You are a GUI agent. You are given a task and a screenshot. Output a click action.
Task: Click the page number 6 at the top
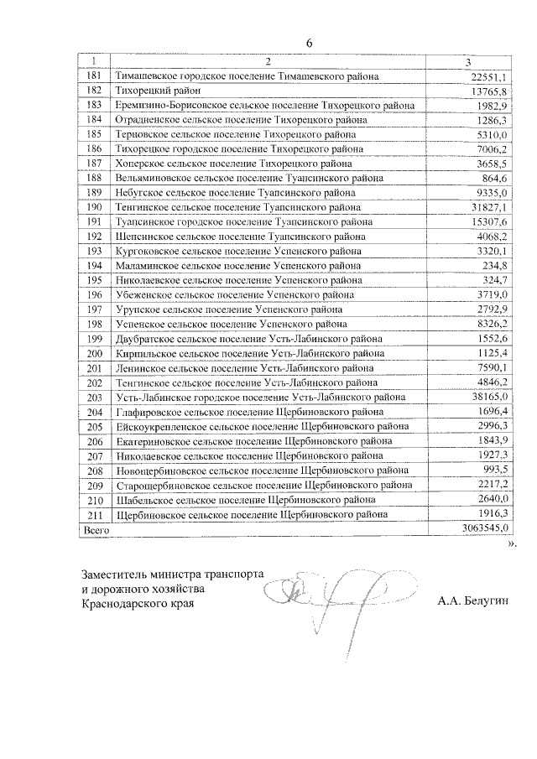[x=309, y=43]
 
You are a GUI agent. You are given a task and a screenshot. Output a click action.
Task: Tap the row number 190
[x=94, y=207]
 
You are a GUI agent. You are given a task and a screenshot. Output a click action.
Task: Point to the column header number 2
[x=268, y=62]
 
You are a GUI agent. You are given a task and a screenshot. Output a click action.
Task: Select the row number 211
[x=94, y=514]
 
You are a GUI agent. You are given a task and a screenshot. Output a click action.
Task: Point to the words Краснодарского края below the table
[x=132, y=603]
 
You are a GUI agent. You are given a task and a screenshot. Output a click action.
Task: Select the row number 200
[x=94, y=353]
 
